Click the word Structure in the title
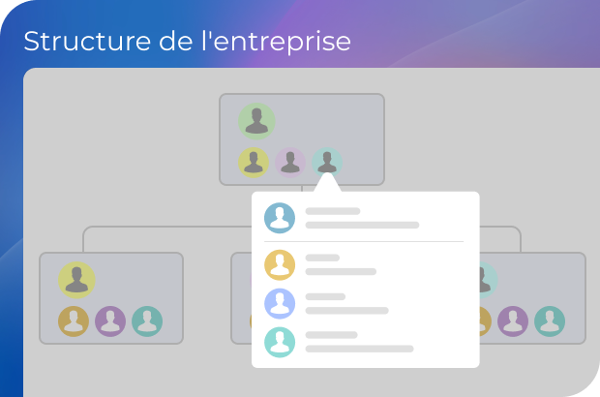[x=87, y=41]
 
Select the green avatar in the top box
[x=256, y=121]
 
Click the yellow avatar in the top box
[x=254, y=163]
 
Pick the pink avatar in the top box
[x=290, y=163]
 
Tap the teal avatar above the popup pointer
[x=327, y=161]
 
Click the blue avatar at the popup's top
[x=280, y=218]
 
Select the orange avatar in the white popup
[x=280, y=265]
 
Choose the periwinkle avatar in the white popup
[x=280, y=304]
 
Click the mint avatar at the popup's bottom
[x=280, y=342]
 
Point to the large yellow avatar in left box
[x=76, y=280]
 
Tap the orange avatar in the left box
[x=74, y=321]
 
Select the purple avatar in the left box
[x=110, y=321]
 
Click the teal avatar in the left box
[x=147, y=321]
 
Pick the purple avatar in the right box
[x=513, y=321]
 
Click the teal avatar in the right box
[x=550, y=321]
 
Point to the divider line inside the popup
[x=364, y=241]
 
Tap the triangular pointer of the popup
[x=327, y=183]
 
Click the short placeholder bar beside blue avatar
[x=333, y=211]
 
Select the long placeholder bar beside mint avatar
[x=359, y=349]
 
